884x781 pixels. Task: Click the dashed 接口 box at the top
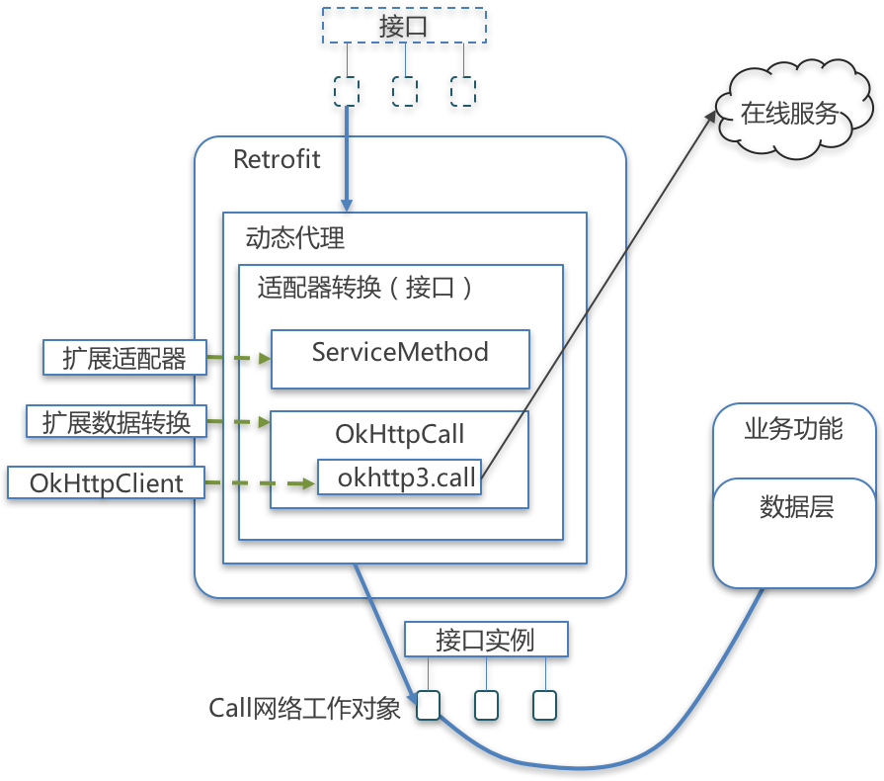404,27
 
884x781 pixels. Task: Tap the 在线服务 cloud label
789,114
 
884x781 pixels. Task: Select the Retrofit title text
277,159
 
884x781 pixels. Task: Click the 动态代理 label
295,238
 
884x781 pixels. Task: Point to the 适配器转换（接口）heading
364,288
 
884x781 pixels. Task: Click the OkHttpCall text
400,434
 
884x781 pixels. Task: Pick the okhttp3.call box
399,477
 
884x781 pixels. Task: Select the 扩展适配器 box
124,358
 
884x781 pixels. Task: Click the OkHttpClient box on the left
106,483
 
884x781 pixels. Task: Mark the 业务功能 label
793,429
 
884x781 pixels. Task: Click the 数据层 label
796,507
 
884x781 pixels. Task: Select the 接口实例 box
486,640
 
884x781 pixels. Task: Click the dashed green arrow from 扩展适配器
238,358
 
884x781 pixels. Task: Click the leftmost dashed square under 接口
347,91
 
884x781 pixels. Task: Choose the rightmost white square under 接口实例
545,705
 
